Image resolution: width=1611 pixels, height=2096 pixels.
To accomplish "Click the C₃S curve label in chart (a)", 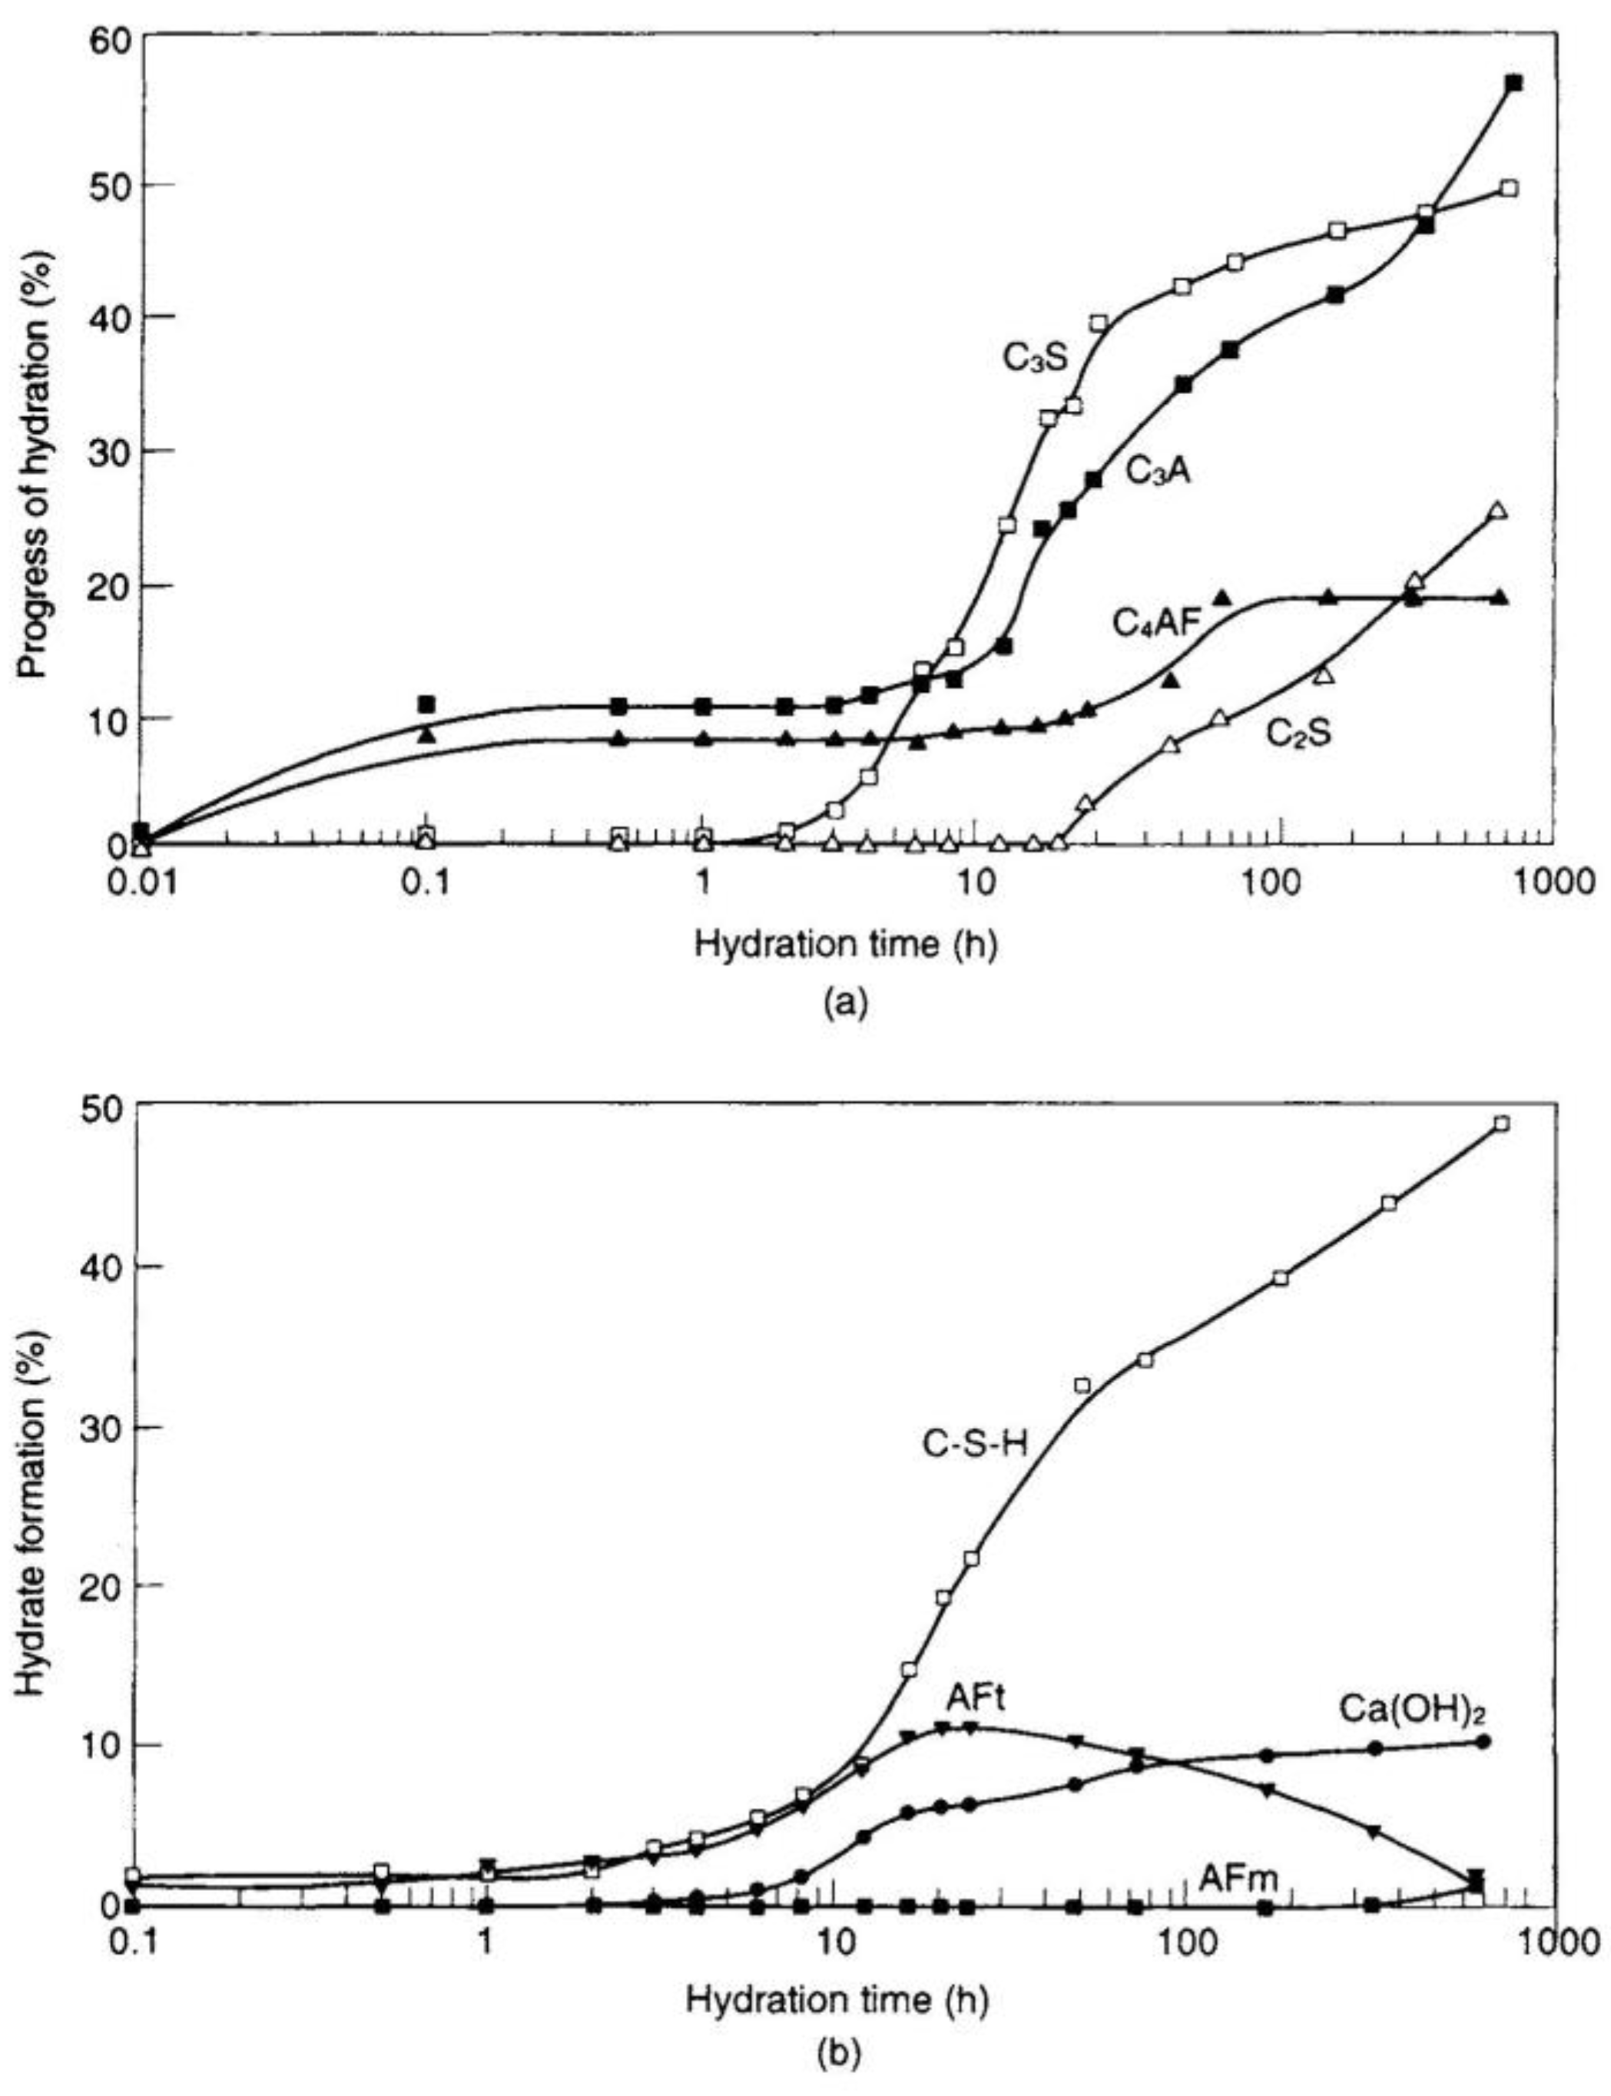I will pos(1035,359).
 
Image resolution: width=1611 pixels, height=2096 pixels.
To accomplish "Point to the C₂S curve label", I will pos(1299,733).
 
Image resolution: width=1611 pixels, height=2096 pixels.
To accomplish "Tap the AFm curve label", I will pos(1238,1879).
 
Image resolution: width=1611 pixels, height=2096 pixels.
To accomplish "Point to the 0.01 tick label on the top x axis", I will pos(142,881).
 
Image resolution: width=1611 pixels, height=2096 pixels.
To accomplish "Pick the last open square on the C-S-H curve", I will pos(1502,1124).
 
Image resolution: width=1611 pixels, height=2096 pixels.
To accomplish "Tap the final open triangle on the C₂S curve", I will pos(1499,511).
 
